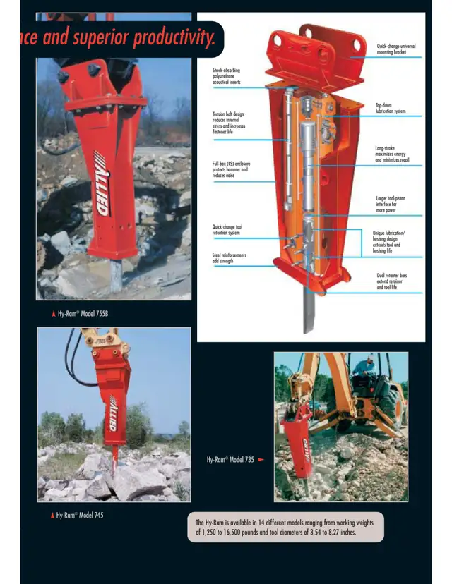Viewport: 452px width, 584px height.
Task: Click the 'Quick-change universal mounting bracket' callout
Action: pos(396,49)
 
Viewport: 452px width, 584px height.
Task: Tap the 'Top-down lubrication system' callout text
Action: pos(391,108)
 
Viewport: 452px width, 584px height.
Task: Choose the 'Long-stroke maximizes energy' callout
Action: pos(392,154)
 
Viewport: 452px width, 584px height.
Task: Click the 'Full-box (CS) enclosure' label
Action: pos(231,169)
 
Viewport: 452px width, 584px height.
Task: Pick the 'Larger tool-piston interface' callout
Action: pos(391,205)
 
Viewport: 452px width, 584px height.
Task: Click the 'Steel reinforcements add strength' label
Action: pos(230,258)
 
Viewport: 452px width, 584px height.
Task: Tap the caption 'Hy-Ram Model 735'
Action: pos(230,459)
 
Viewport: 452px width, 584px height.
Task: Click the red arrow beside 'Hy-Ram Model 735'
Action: pos(261,459)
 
